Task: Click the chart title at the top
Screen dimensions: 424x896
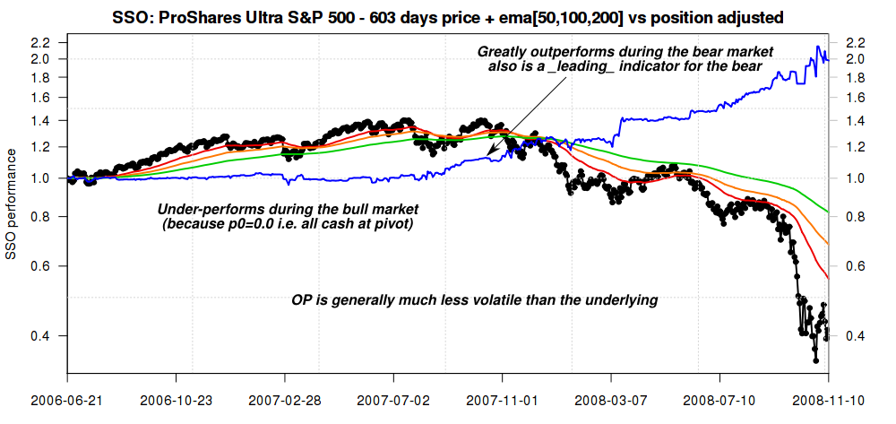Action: tap(448, 17)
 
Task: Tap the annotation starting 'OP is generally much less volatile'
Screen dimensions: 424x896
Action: tap(475, 300)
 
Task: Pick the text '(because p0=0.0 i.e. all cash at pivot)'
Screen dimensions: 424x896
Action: tap(288, 223)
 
